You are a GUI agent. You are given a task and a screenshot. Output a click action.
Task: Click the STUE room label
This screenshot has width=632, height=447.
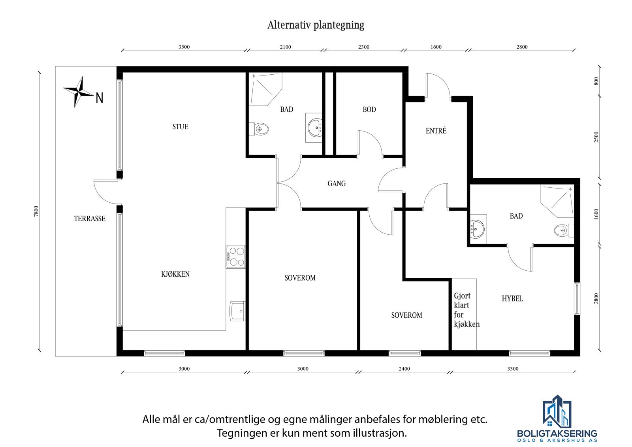point(180,127)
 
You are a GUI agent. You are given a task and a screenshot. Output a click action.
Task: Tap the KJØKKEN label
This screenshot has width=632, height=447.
point(175,274)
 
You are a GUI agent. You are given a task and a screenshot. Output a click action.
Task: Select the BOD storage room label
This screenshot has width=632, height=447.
point(369,109)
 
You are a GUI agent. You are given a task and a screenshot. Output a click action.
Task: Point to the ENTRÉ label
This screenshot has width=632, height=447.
point(436,131)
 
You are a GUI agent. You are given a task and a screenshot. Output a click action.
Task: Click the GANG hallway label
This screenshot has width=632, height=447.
point(337,183)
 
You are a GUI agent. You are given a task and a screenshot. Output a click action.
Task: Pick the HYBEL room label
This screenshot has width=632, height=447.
point(512,299)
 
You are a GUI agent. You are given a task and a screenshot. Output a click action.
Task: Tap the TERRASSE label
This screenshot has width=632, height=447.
point(90,219)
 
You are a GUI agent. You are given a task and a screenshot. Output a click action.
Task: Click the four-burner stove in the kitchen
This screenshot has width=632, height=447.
point(235,257)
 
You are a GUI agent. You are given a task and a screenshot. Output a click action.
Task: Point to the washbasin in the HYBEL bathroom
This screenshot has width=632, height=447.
point(477,229)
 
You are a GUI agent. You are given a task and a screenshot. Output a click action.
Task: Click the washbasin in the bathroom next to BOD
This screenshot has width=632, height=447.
point(315,127)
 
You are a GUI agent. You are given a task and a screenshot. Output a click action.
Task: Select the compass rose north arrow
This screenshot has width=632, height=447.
point(79,92)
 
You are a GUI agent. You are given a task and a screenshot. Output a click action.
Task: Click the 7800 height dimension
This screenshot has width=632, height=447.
point(36,211)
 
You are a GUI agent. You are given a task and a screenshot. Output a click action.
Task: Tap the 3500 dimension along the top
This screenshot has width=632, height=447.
point(184,47)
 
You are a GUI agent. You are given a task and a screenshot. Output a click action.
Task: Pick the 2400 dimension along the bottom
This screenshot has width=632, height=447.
point(404,369)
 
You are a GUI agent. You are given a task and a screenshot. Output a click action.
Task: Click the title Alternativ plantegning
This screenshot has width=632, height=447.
point(316,25)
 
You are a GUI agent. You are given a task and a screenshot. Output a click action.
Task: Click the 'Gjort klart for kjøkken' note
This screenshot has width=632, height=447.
point(466,310)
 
